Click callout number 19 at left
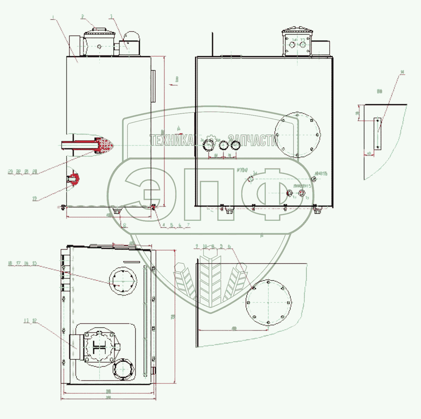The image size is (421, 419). (x=35, y=198)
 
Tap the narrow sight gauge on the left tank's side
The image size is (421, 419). (x=153, y=86)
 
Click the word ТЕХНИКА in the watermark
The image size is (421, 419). (x=172, y=140)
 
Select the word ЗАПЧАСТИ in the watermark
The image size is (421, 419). (x=253, y=140)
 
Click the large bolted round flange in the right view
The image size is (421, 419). (x=297, y=135)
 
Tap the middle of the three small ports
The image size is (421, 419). (x=223, y=146)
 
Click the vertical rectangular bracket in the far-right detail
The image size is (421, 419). (x=377, y=134)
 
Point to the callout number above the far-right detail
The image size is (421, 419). (x=402, y=72)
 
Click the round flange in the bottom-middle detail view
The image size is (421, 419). (x=268, y=302)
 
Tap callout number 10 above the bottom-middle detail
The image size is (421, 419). (x=205, y=246)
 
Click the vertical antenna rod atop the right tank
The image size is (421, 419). (x=213, y=44)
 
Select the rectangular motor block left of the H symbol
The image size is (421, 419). (x=77, y=347)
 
